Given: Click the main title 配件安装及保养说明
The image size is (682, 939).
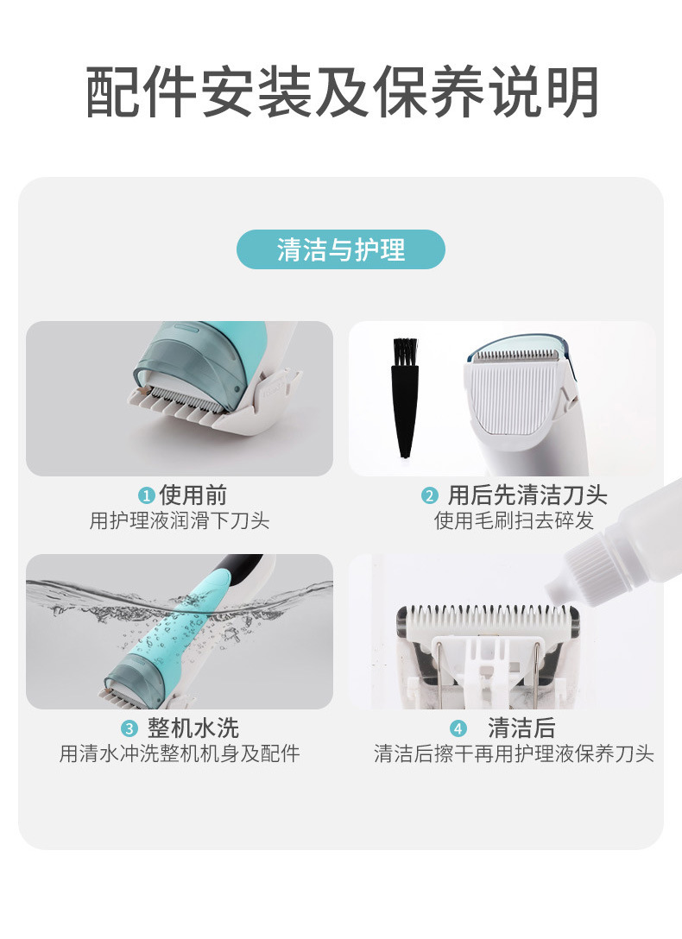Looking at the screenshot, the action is [342, 91].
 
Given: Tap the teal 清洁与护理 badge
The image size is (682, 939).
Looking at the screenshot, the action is [341, 249].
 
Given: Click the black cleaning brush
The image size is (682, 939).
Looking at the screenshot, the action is [406, 398].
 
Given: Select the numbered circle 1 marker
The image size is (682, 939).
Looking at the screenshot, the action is [146, 496].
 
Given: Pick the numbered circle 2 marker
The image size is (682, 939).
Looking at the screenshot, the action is [429, 496].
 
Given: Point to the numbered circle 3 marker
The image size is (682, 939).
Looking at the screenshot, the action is [129, 728].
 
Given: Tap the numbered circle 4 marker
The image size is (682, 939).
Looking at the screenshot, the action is [458, 728].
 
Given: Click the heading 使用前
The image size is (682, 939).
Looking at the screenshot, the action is [193, 495].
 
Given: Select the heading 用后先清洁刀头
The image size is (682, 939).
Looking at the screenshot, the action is [527, 495].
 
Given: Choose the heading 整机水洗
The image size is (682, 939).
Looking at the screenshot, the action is [193, 728].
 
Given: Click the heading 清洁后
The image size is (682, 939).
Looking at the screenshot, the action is [521, 728].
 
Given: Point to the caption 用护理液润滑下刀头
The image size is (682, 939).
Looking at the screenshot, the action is [180, 520].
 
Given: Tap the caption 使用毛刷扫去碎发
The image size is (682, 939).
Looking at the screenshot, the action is [514, 520].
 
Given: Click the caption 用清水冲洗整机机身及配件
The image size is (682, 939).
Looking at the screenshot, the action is [180, 753].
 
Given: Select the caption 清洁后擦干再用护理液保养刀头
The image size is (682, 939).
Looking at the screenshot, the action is [514, 753].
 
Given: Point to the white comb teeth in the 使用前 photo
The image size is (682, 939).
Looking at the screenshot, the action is [180, 407].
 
